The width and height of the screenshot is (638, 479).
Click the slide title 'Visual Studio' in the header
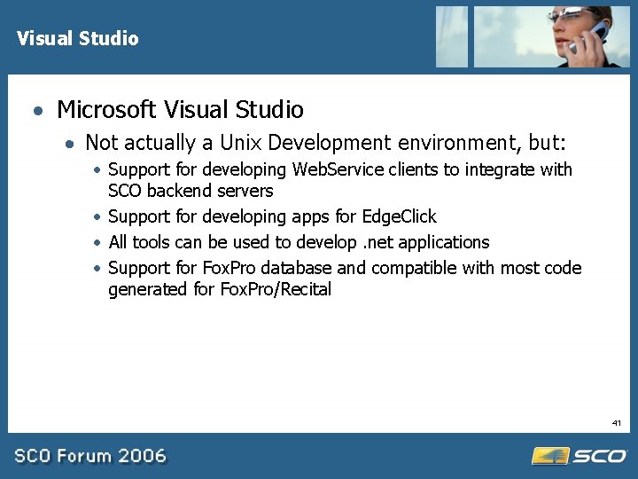(x=78, y=38)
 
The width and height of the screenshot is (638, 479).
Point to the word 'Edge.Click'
(x=399, y=216)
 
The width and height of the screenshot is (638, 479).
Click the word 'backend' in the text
(x=183, y=191)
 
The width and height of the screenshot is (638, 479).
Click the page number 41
(x=617, y=424)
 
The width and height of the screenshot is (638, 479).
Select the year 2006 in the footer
(x=143, y=456)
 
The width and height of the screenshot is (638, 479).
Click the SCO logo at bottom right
(x=580, y=456)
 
